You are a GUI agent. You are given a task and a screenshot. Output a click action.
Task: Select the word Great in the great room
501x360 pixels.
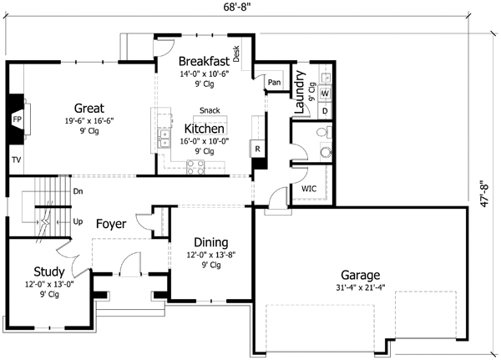(x=89, y=108)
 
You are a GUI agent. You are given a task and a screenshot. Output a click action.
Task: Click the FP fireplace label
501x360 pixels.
(x=16, y=119)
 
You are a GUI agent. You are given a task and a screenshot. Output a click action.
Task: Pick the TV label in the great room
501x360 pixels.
(x=16, y=159)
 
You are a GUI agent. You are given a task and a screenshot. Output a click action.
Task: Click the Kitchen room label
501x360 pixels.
(x=204, y=129)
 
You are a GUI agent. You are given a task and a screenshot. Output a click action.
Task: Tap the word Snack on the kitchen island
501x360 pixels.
(x=210, y=110)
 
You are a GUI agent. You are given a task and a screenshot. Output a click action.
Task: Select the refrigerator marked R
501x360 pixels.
(x=257, y=150)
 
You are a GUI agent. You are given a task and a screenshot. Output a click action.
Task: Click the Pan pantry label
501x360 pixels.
(x=273, y=83)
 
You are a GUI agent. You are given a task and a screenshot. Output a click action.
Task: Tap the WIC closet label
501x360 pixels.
(x=308, y=190)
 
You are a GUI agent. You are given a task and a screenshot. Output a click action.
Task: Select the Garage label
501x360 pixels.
(x=360, y=275)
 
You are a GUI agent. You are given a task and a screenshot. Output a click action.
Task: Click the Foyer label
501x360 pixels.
(x=111, y=224)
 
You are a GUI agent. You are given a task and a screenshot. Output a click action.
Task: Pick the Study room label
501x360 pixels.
(x=49, y=271)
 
